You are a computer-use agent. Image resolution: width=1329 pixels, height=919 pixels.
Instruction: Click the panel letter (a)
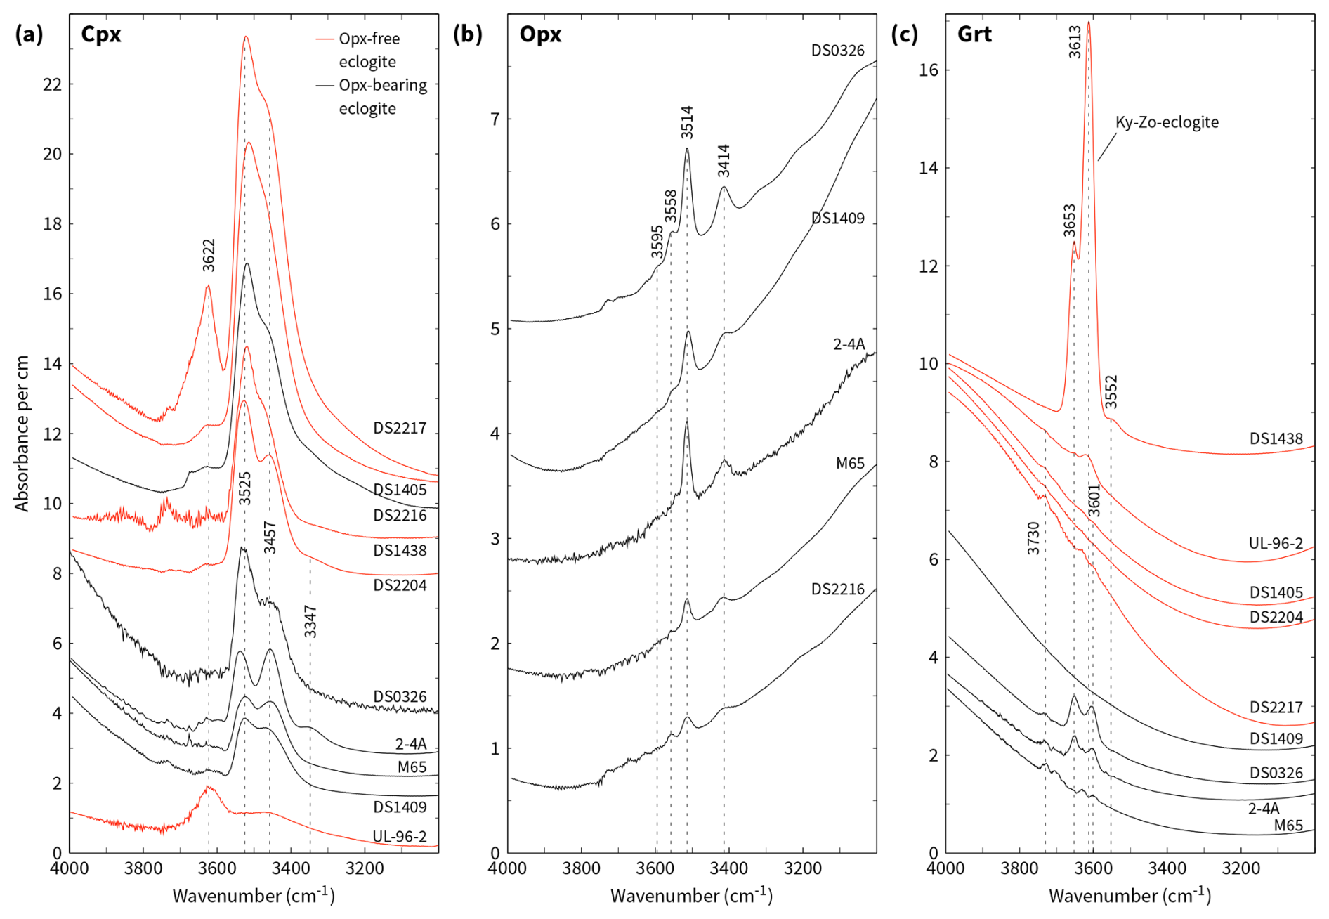point(29,34)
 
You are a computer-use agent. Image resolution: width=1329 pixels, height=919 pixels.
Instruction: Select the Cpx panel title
point(100,34)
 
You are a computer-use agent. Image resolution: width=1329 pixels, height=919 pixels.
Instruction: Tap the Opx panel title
point(539,34)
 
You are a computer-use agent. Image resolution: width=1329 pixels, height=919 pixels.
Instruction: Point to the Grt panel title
point(974,34)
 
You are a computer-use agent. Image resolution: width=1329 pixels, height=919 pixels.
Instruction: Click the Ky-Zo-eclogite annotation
point(1167,122)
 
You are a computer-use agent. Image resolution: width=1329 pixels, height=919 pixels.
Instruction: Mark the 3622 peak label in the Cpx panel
point(209,255)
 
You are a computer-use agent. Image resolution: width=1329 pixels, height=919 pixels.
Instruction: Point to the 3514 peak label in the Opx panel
point(687,122)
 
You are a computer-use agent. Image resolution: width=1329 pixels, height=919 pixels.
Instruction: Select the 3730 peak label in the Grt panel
point(1033,538)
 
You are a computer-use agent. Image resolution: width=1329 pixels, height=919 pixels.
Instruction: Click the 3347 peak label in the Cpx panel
point(310,621)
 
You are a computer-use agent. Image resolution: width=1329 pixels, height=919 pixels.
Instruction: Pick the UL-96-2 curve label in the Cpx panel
point(400,836)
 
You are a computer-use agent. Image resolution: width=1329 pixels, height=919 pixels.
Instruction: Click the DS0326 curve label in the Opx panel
point(838,51)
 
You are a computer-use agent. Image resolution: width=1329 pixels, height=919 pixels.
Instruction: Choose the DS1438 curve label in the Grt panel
point(1276,439)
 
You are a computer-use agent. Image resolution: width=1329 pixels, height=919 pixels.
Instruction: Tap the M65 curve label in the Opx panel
point(850,464)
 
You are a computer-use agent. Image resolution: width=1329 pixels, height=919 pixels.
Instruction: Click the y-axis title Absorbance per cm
point(22,434)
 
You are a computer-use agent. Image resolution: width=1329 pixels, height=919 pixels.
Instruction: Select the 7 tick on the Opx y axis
point(495,119)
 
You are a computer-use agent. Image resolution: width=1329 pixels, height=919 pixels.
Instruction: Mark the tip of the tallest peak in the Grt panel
point(1089,22)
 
